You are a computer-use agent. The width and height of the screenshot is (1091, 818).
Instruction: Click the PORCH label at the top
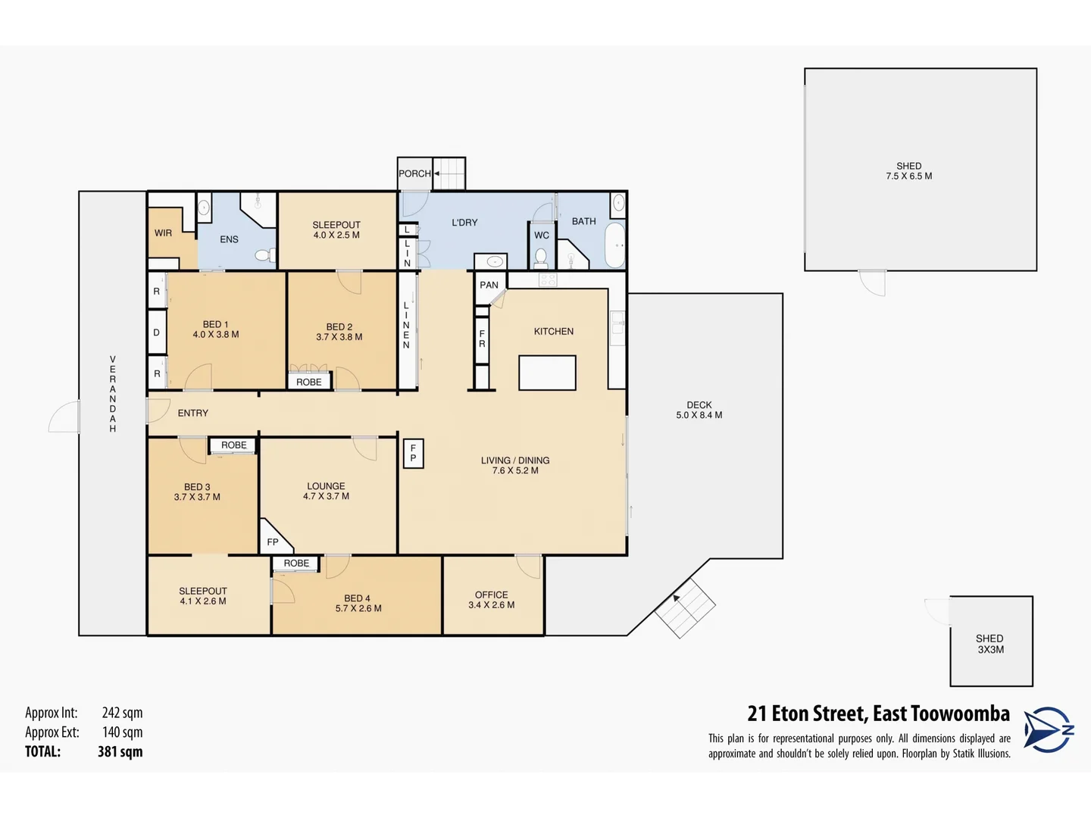pyautogui.click(x=414, y=173)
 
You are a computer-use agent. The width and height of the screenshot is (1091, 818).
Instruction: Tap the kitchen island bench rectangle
pyautogui.click(x=547, y=373)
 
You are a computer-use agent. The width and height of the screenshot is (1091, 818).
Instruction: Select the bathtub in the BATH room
pyautogui.click(x=615, y=245)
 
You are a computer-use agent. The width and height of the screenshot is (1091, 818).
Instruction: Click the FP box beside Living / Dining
pyautogui.click(x=413, y=454)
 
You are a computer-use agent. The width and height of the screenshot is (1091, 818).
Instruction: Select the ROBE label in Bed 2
pyautogui.click(x=309, y=382)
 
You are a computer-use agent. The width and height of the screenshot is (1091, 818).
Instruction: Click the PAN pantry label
pyautogui.click(x=489, y=286)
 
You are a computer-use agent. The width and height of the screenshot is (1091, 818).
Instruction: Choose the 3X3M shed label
pyautogui.click(x=990, y=650)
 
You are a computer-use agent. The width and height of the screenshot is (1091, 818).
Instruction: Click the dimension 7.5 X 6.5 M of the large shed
pyautogui.click(x=909, y=176)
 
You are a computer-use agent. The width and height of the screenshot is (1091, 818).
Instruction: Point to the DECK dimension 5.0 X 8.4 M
pyautogui.click(x=699, y=415)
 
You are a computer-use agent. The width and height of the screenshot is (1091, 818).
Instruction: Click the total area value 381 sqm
pyautogui.click(x=120, y=752)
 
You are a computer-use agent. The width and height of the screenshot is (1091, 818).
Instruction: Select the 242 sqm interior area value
pyautogui.click(x=122, y=713)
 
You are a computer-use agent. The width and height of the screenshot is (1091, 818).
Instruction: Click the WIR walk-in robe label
pyautogui.click(x=163, y=233)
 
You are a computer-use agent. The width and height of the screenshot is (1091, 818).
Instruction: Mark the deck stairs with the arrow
pyautogui.click(x=685, y=608)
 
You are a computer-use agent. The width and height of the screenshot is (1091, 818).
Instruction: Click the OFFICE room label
pyautogui.click(x=491, y=595)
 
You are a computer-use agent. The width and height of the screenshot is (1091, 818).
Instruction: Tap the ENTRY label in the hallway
pyautogui.click(x=192, y=414)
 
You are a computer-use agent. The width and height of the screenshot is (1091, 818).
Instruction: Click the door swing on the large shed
pyautogui.click(x=873, y=283)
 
